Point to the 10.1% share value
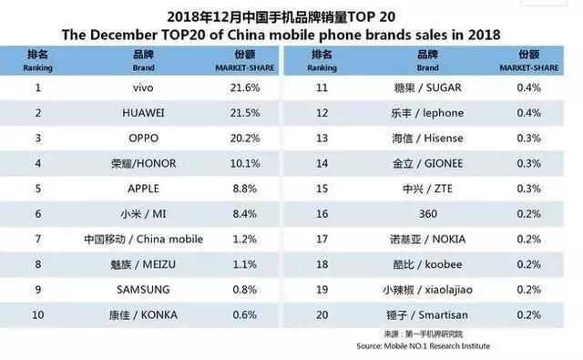(238, 163)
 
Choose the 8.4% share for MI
(238, 214)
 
